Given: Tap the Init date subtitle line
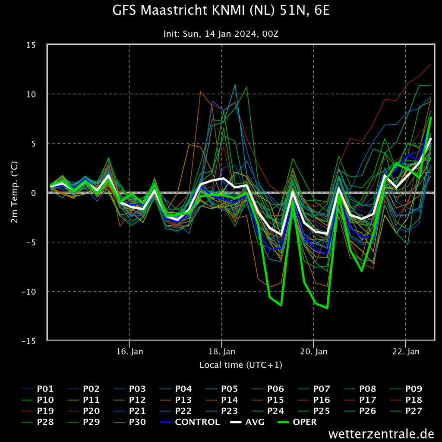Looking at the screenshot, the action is pyautogui.click(x=221, y=34).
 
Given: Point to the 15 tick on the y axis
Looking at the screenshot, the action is pyautogui.click(x=31, y=45).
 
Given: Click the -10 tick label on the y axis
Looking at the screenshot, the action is pyautogui.click(x=29, y=291).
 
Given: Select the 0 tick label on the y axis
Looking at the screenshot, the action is pyautogui.click(x=34, y=193).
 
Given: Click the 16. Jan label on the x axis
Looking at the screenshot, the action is pyautogui.click(x=129, y=351).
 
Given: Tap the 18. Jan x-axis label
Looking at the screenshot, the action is pyautogui.click(x=221, y=351).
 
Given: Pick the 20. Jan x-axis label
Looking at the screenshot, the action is pyautogui.click(x=314, y=351).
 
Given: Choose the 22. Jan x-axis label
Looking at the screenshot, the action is pyautogui.click(x=406, y=351).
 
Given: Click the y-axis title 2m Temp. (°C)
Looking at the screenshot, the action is pyautogui.click(x=14, y=192).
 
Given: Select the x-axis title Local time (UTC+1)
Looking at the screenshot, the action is pyautogui.click(x=241, y=365).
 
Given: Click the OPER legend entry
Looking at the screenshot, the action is pyautogui.click(x=297, y=422).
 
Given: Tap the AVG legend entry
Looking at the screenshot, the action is pyautogui.click(x=247, y=422).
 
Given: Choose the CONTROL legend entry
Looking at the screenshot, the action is pyautogui.click(x=190, y=422).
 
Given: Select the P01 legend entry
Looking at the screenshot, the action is pyautogui.click(x=38, y=389).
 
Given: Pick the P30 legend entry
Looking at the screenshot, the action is pyautogui.click(x=129, y=422).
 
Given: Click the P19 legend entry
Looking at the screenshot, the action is pyautogui.click(x=38, y=411).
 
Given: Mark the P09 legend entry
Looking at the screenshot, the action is pyautogui.click(x=406, y=389).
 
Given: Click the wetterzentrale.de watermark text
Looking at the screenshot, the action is pyautogui.click(x=381, y=434).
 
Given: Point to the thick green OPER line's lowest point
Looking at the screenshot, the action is pyautogui.click(x=327, y=308).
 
